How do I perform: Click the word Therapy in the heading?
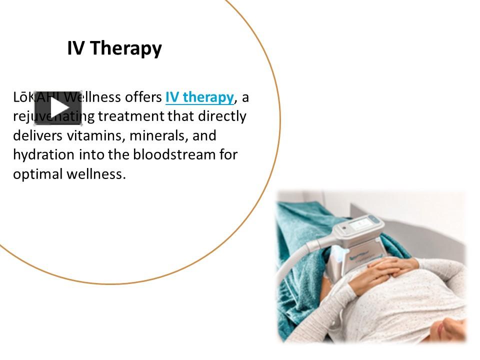(x=126, y=48)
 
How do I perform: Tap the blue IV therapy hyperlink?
(x=199, y=97)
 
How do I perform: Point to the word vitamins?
(x=84, y=135)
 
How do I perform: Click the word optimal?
(x=38, y=174)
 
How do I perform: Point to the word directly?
(x=222, y=116)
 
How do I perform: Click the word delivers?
(x=34, y=135)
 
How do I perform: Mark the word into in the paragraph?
(x=91, y=154)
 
